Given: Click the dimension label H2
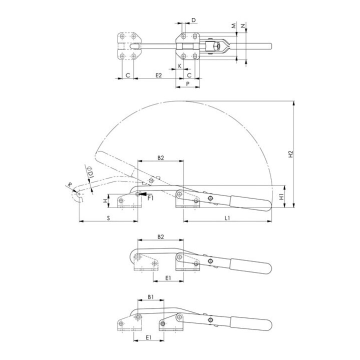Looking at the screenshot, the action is [x=290, y=154].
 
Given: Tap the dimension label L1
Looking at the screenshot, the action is [x=227, y=218].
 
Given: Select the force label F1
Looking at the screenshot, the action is [x=150, y=198].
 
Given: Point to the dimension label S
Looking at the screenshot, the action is [x=108, y=218].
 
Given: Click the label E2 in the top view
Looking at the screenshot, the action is [x=158, y=75].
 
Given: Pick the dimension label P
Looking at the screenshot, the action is [x=188, y=84].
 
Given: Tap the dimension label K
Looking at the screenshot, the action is [x=180, y=66].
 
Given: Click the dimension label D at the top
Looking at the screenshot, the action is [x=193, y=20].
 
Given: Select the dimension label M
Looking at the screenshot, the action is [x=233, y=26].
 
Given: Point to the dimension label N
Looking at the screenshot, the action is [x=243, y=26].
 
